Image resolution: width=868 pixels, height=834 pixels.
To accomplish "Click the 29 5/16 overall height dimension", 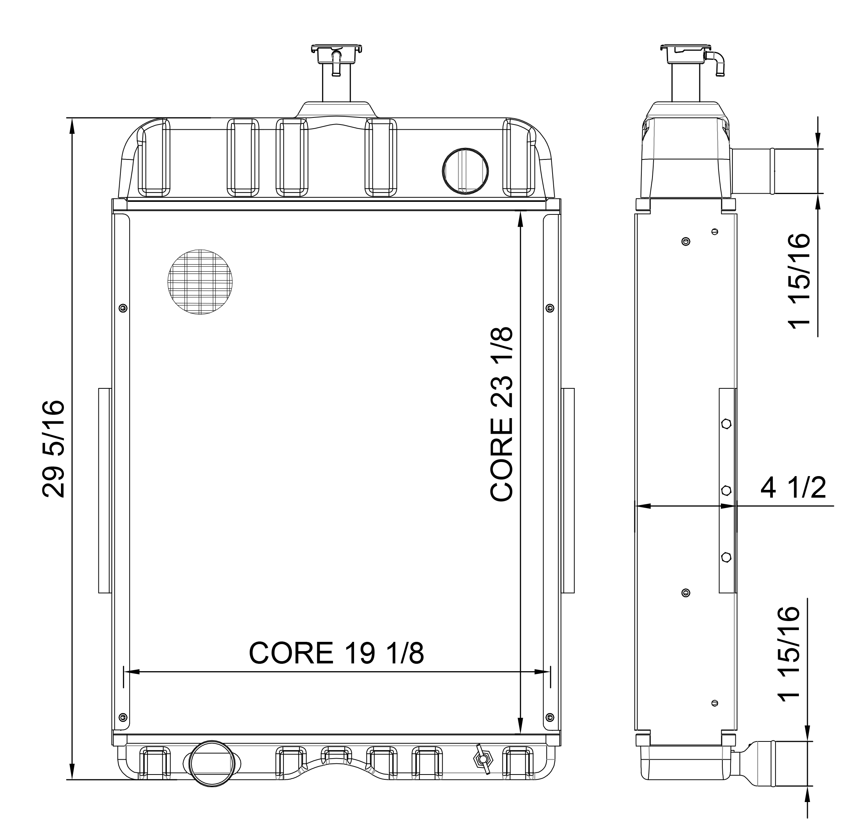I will [x=53, y=449].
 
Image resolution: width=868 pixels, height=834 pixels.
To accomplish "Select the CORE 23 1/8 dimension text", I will [x=502, y=414].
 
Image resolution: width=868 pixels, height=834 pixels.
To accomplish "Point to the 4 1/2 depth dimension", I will [x=793, y=488].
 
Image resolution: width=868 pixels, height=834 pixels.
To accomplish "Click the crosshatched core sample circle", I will [x=200, y=282].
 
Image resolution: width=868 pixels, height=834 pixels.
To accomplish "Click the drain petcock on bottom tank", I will [x=482, y=760].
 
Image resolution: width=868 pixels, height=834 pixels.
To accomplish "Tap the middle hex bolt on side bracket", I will [x=726, y=490].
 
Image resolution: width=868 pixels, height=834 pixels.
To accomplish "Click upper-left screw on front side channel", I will [x=123, y=308].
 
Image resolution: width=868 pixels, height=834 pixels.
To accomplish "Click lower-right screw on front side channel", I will [x=550, y=717].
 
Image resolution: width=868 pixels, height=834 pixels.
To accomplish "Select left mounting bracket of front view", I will [x=104, y=490].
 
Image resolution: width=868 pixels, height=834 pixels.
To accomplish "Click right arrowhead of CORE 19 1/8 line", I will [x=542, y=672].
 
